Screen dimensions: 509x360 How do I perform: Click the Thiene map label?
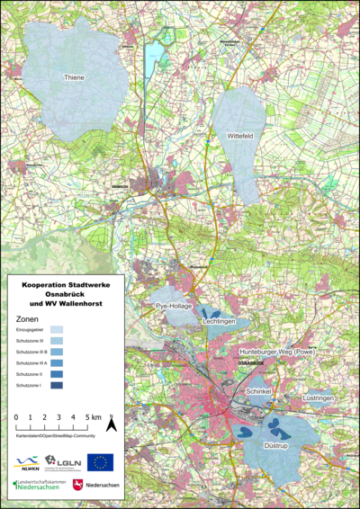75,78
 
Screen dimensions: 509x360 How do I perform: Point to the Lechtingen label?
219,321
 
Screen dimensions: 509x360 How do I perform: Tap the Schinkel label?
258,392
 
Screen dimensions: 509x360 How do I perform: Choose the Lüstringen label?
318,397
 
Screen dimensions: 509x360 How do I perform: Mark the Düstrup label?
274,443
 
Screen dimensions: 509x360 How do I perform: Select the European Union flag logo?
100,462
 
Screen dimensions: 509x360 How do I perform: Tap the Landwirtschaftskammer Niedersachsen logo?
36,487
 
